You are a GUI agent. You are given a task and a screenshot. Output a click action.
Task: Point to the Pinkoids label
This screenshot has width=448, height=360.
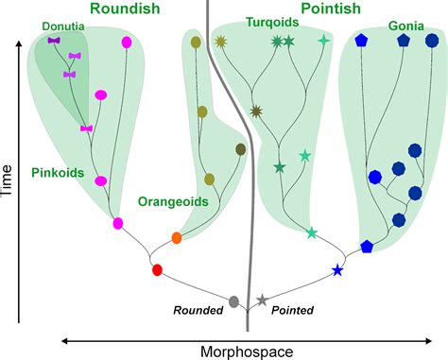pos(57,173)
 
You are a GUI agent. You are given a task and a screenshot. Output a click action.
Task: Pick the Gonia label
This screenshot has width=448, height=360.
pos(406,27)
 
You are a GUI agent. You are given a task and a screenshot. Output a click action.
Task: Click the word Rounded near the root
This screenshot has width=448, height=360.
pos(197,309)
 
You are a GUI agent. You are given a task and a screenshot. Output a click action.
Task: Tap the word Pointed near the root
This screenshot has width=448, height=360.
pos(292,309)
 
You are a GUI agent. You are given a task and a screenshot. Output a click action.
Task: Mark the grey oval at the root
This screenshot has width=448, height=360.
pos(233,302)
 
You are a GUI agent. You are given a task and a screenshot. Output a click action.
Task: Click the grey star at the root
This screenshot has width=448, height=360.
pos(262,300)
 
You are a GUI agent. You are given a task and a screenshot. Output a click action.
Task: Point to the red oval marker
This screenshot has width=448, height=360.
pos(158,270)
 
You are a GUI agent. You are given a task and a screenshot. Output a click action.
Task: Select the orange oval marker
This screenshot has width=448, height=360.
pos(176,237)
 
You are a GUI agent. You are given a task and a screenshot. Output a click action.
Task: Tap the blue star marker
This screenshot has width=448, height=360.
pos(337,271)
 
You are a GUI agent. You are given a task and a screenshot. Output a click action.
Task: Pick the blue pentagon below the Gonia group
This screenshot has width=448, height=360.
pos(366,247)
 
